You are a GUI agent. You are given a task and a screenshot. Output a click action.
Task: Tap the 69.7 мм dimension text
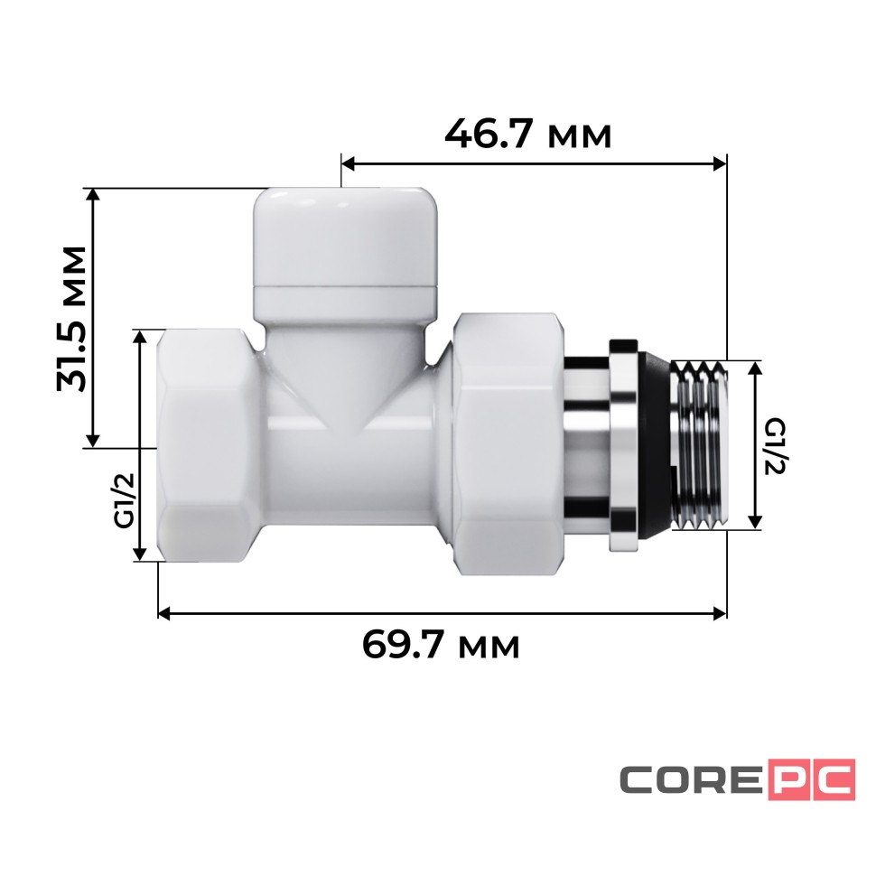click(441, 645)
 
